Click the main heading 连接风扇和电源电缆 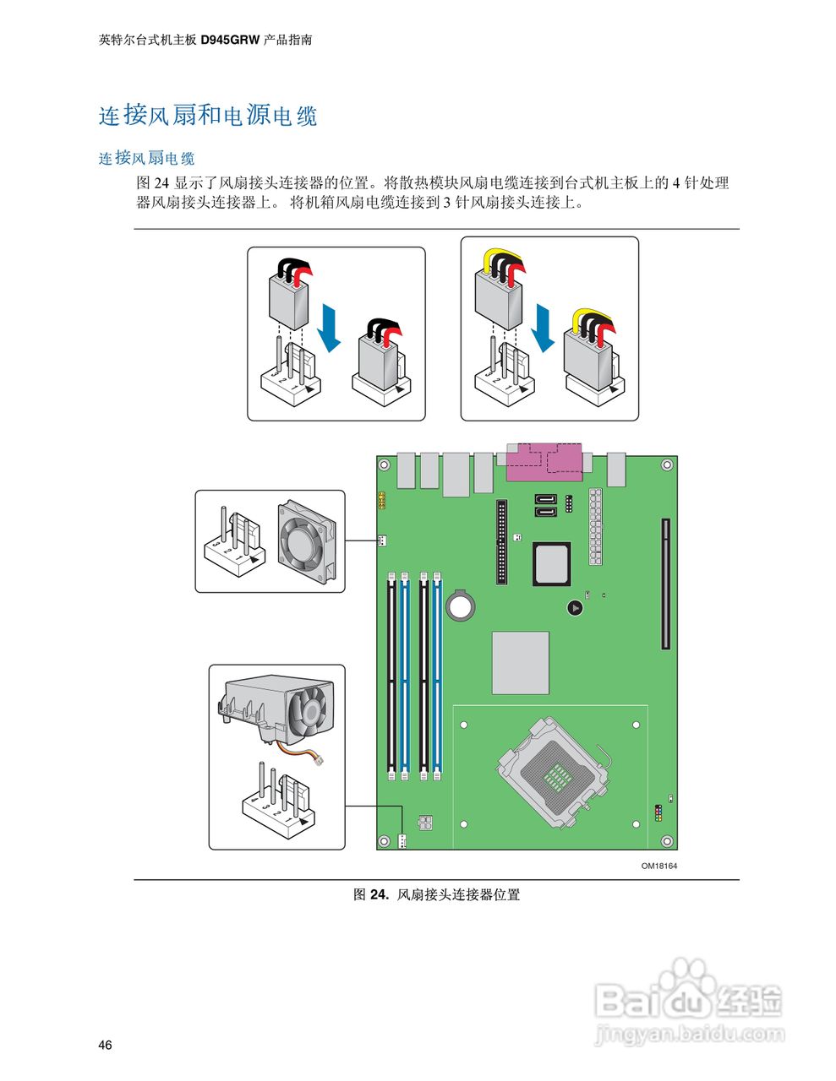click(x=208, y=115)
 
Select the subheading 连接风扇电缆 click(x=146, y=158)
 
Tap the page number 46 click(x=105, y=1046)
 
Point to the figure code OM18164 click(x=658, y=866)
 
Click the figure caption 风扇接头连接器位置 click(x=458, y=894)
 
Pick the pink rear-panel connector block click(x=545, y=462)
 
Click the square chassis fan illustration click(x=307, y=541)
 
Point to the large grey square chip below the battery click(x=520, y=663)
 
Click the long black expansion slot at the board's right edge click(x=665, y=584)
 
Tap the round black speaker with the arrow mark click(x=575, y=607)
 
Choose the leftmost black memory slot click(x=391, y=676)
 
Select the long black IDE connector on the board click(x=502, y=541)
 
